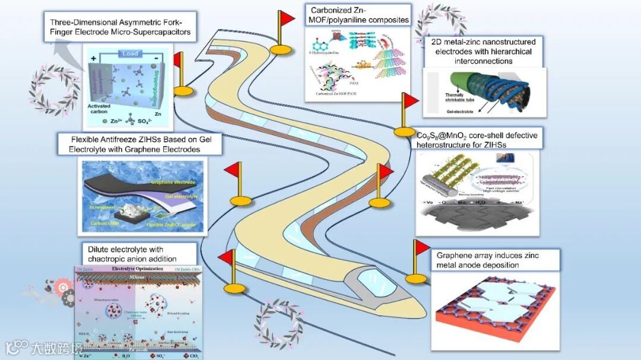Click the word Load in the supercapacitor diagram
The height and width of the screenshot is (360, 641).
click(x=130, y=53)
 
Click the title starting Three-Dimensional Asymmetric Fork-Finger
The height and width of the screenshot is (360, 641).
click(x=116, y=27)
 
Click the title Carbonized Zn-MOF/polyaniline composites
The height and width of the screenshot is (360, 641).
click(x=358, y=15)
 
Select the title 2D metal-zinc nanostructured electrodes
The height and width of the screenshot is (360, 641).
click(x=483, y=51)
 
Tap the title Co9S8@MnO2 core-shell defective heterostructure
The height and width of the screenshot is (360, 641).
click(x=477, y=140)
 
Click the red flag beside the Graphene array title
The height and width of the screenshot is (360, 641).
click(x=422, y=246)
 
